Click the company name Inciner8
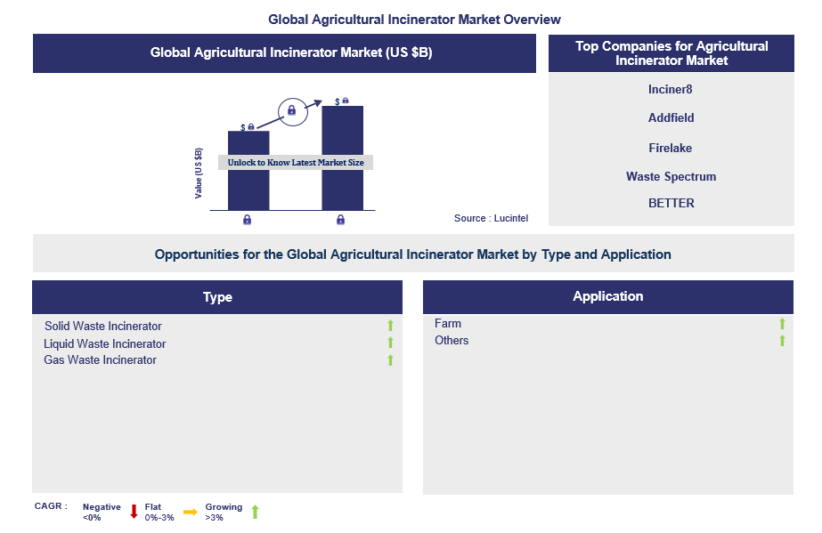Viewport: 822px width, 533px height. [670, 90]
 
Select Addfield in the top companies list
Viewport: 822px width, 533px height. [671, 117]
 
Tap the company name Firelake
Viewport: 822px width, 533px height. [670, 149]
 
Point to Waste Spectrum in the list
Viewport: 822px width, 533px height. [671, 176]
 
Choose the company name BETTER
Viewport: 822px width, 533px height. [671, 203]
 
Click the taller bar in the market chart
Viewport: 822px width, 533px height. [342, 158]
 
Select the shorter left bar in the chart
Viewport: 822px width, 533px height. [248, 171]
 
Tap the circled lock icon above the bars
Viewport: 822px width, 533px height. [292, 111]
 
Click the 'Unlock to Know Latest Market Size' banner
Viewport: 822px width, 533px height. [296, 162]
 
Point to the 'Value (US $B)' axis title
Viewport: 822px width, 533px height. [199, 174]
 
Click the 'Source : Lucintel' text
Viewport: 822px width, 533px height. [492, 218]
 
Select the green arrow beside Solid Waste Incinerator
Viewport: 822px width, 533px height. [391, 326]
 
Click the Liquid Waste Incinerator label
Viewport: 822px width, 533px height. [105, 344]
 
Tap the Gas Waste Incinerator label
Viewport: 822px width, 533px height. [100, 360]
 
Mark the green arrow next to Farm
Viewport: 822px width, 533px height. [782, 324]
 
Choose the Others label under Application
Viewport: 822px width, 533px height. [452, 340]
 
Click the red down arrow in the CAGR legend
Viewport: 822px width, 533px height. [134, 512]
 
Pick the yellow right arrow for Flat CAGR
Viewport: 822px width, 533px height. [191, 512]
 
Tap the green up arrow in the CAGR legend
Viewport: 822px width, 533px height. [256, 512]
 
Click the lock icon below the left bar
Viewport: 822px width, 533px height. [247, 220]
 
